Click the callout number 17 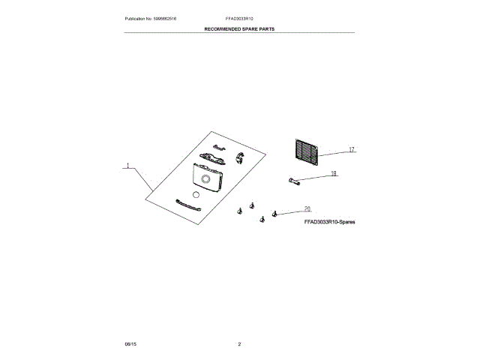click(x=350, y=150)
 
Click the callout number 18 click(x=334, y=174)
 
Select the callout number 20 click(x=307, y=208)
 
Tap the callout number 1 click(x=128, y=166)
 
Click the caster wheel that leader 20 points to click(x=275, y=214)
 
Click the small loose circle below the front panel click(x=196, y=194)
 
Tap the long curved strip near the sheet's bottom click(x=187, y=205)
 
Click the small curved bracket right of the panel click(x=241, y=156)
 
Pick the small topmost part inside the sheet click(x=219, y=147)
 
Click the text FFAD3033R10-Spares click(x=329, y=223)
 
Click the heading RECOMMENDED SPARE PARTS click(x=239, y=28)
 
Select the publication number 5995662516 click(x=165, y=17)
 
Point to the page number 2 click(x=239, y=343)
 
